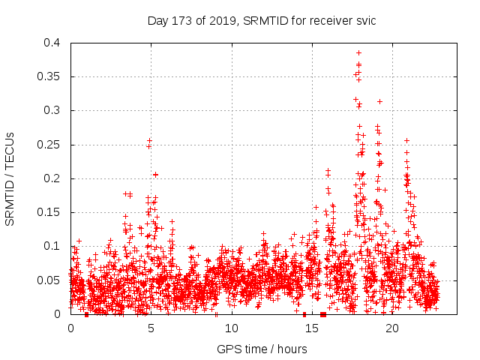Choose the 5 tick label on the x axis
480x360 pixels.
[x=151, y=328]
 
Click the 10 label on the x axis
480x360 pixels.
[x=231, y=328]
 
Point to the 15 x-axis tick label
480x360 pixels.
[x=311, y=328]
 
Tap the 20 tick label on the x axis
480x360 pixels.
[x=391, y=328]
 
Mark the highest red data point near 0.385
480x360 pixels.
[x=359, y=52]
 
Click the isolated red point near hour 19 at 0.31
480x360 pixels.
[x=380, y=101]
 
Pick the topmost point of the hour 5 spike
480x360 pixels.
[x=150, y=140]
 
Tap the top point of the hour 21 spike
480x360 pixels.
[x=406, y=140]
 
